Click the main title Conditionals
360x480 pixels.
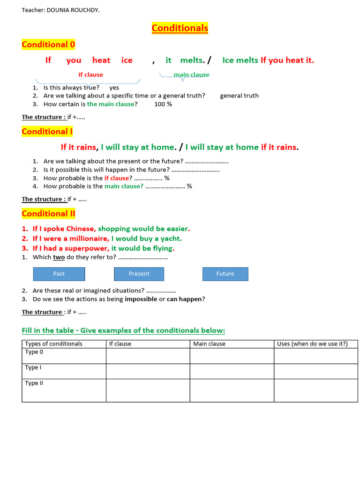click(x=180, y=28)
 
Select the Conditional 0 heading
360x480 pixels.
click(x=48, y=45)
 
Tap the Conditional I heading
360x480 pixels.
click(x=47, y=131)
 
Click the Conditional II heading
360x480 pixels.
click(x=48, y=214)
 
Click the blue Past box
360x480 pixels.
click(x=59, y=274)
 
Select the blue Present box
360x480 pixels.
click(x=139, y=274)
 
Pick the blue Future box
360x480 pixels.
click(x=225, y=274)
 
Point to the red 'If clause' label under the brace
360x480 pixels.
click(x=90, y=75)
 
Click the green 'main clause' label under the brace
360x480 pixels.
click(x=191, y=75)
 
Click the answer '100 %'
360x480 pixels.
click(x=163, y=104)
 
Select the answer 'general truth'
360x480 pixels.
click(x=239, y=96)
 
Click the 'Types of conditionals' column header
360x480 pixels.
click(x=53, y=344)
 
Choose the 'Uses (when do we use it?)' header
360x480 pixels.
click(x=312, y=344)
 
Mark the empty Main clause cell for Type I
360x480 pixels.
click(x=232, y=371)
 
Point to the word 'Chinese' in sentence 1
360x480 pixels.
click(x=80, y=229)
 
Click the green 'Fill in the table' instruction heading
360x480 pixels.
click(x=123, y=330)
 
